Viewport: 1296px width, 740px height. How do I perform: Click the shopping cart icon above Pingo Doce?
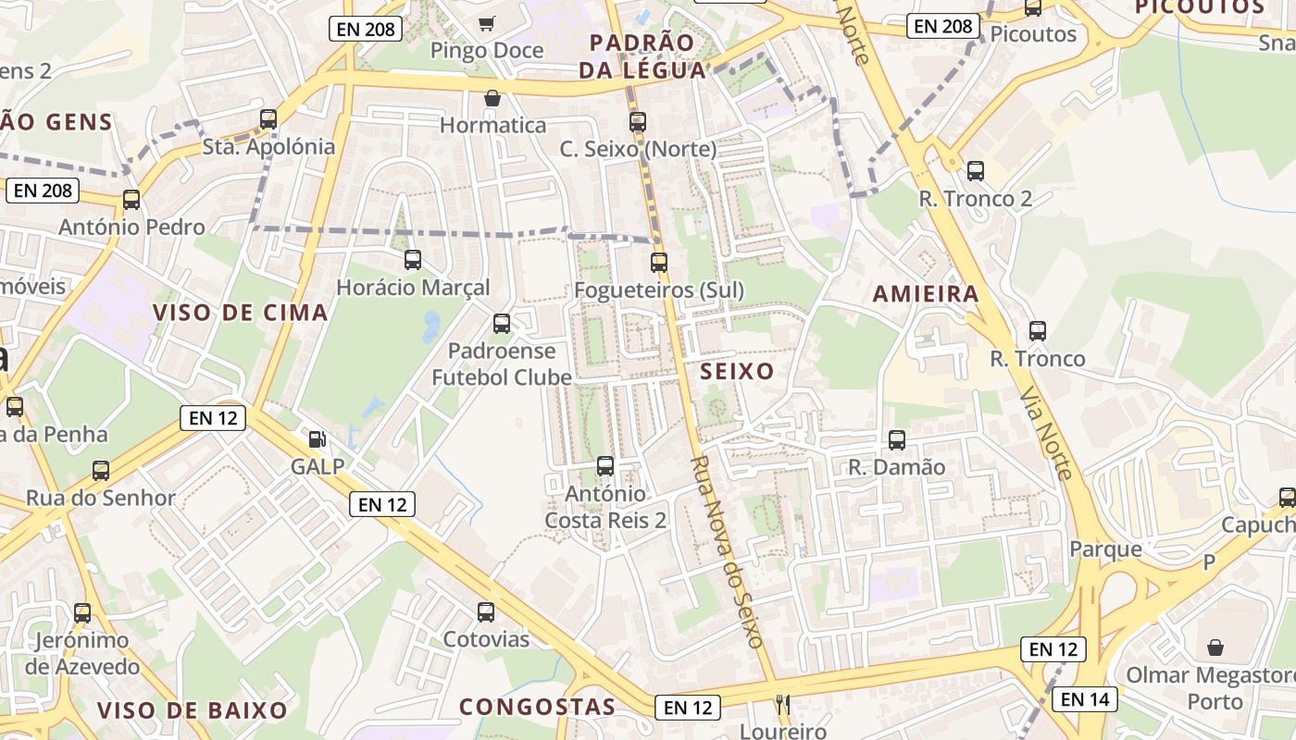pos(486,23)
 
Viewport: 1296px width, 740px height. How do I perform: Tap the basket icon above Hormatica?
pos(492,98)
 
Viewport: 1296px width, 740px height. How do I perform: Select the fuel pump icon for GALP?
pos(317,439)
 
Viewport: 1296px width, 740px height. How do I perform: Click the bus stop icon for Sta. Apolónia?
pos(268,118)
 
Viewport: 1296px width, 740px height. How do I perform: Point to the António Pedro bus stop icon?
pos(131,199)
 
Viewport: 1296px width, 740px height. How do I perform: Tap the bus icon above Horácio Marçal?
pos(413,260)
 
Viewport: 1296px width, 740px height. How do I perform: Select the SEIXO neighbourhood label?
pos(737,372)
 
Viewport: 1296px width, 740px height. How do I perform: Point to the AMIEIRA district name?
pos(926,294)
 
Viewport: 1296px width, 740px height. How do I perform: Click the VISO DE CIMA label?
pos(241,313)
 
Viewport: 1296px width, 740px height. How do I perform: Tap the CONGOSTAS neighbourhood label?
pos(538,707)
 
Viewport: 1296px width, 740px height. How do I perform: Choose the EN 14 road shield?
pos(1085,699)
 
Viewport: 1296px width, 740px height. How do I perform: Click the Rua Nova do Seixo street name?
pos(728,551)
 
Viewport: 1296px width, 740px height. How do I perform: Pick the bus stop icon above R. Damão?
pos(897,440)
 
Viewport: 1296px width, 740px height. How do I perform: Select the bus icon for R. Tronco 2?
pos(976,171)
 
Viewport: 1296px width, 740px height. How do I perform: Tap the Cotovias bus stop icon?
pos(486,611)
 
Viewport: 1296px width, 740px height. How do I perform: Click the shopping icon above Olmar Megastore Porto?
pos(1215,647)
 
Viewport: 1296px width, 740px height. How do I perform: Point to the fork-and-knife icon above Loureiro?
pos(783,704)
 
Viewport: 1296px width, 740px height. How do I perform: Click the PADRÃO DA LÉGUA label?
pos(642,55)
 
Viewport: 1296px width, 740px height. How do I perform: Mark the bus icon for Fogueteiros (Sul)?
pos(659,263)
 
